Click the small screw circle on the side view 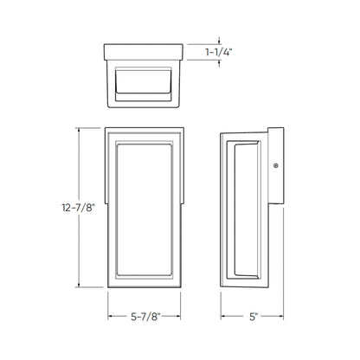[275, 164]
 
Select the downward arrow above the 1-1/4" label [220, 38]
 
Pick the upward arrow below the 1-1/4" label [220, 66]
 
